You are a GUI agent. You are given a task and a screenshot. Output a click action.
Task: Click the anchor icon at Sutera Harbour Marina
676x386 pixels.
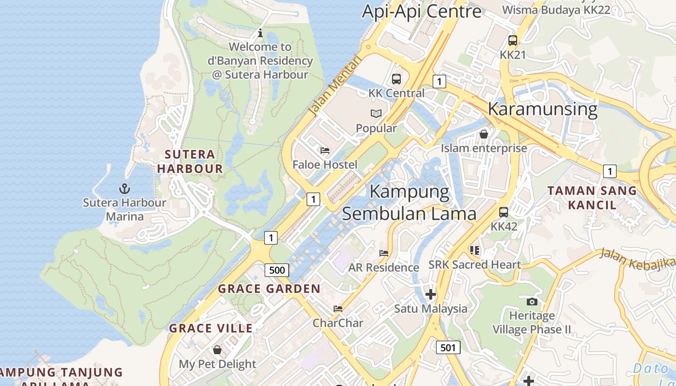click(125, 189)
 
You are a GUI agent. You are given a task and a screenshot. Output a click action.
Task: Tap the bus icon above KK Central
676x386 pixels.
click(396, 79)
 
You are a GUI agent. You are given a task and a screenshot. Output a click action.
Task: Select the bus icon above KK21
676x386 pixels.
click(513, 41)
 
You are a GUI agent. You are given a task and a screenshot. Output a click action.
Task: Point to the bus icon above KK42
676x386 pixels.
click(504, 212)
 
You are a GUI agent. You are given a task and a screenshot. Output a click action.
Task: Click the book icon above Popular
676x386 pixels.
click(376, 114)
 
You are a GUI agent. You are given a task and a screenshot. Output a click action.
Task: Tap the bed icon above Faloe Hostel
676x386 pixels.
click(325, 151)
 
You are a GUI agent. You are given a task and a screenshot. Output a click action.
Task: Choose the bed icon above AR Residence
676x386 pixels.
click(384, 253)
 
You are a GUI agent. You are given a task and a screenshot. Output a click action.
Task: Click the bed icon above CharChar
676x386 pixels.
click(338, 308)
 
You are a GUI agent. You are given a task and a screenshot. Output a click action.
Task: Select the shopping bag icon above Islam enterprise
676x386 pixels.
click(483, 134)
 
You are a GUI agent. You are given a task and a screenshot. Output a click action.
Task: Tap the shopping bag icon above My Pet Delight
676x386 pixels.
click(217, 349)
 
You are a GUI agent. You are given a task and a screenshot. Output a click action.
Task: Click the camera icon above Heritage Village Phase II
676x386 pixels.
click(532, 302)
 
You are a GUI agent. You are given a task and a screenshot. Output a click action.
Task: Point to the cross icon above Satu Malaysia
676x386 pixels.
click(430, 294)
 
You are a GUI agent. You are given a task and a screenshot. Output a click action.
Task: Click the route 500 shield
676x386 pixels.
click(277, 270)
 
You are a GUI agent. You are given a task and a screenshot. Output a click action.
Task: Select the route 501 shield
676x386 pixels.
click(448, 347)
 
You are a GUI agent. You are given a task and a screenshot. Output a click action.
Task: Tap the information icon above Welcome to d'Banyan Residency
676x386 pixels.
click(260, 33)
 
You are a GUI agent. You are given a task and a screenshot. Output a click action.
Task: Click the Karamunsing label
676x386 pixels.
click(543, 109)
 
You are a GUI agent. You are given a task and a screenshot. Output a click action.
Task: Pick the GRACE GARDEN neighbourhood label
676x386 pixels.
click(269, 289)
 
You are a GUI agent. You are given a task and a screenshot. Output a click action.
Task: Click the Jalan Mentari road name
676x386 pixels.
click(335, 86)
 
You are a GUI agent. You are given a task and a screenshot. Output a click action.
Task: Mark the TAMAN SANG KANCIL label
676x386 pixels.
click(592, 197)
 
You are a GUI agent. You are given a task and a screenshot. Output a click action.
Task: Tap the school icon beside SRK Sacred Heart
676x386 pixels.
click(474, 250)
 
